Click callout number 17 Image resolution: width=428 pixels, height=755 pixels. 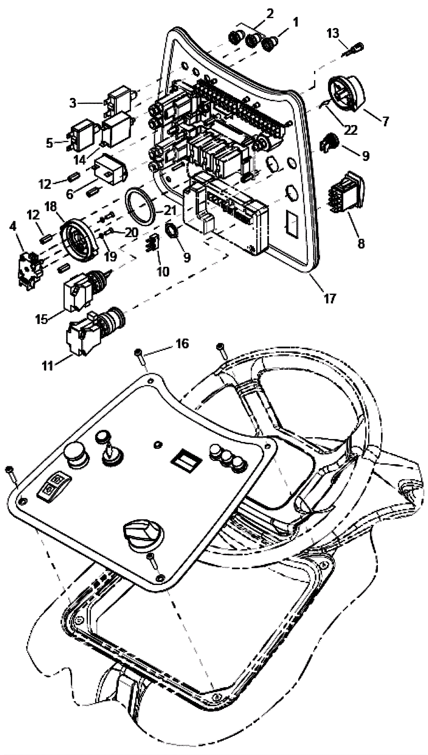point(330,298)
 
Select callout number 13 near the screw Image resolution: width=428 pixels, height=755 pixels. point(333,34)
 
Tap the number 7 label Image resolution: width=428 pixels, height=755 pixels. point(385,121)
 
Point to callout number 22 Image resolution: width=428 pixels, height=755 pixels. point(351,130)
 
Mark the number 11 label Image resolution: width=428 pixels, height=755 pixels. point(48,366)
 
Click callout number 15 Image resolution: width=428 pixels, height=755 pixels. point(42,319)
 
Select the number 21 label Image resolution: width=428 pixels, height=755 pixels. point(170,210)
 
